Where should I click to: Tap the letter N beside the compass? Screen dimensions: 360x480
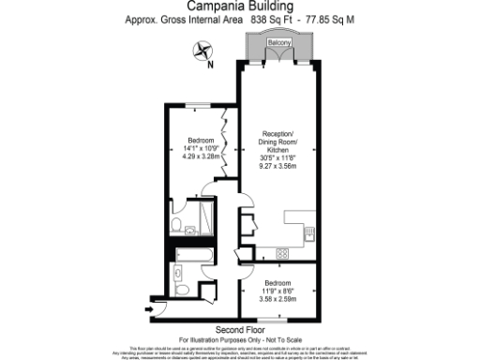pyautogui.click(x=210, y=65)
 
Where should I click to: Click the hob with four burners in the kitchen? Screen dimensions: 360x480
pyautogui.click(x=282, y=253)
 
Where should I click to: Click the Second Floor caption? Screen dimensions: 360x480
pyautogui.click(x=239, y=329)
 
